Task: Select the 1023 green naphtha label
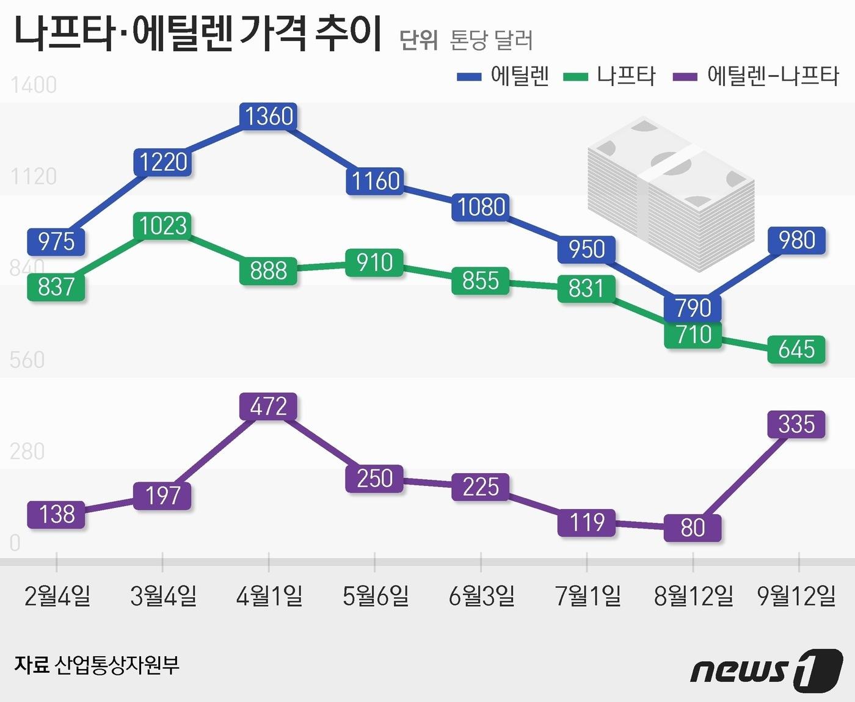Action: [x=162, y=226]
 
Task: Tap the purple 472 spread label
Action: [x=269, y=407]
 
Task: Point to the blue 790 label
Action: [x=693, y=308]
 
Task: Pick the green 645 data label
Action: [x=796, y=350]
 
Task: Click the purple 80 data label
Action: [x=693, y=528]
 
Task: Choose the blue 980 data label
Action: [x=796, y=241]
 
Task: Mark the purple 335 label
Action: [x=796, y=424]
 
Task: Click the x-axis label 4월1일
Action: [x=269, y=596]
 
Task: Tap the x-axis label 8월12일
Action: [x=693, y=596]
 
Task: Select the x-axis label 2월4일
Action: [x=57, y=596]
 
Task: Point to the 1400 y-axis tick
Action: [x=34, y=85]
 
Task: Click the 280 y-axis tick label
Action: [x=27, y=452]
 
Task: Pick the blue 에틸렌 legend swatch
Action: [x=469, y=77]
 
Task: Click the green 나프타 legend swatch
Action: [x=575, y=77]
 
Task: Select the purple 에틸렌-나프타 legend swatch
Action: [x=685, y=77]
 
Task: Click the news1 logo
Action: [x=766, y=670]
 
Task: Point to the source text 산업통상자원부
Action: [x=117, y=665]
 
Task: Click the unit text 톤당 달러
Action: [x=491, y=40]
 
